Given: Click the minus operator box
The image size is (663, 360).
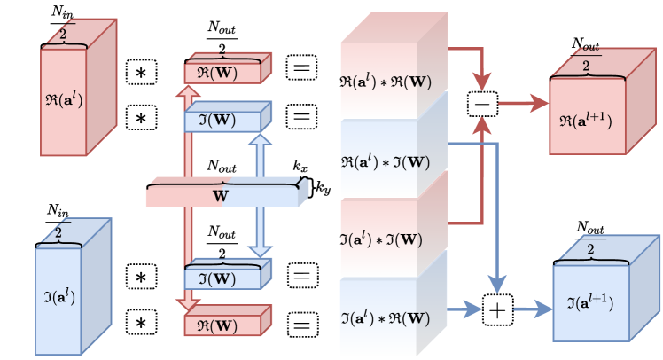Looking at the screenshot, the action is pyautogui.click(x=482, y=104).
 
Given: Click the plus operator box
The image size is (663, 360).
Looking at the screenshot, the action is pyautogui.click(x=497, y=310).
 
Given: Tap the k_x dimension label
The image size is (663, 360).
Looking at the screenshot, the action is pyautogui.click(x=300, y=166).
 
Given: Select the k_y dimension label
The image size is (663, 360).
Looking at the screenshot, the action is pyautogui.click(x=323, y=187).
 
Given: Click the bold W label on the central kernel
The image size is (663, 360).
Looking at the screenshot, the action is pyautogui.click(x=221, y=196).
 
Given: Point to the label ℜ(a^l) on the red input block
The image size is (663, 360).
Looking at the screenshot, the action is pyautogui.click(x=64, y=100).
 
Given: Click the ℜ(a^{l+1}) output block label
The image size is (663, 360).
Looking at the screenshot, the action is pyautogui.click(x=586, y=121).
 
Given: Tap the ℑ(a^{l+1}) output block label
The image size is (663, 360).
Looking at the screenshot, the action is pyautogui.click(x=589, y=303).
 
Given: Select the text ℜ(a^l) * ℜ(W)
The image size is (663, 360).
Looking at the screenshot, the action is pyautogui.click(x=386, y=82).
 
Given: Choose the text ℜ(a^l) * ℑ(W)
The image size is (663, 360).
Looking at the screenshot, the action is pyautogui.click(x=386, y=162).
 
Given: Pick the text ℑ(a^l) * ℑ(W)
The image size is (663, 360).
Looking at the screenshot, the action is pyautogui.click(x=381, y=240).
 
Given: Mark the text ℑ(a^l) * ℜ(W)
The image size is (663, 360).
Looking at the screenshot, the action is pyautogui.click(x=386, y=318).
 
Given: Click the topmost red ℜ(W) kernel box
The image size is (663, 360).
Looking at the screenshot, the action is pyautogui.click(x=228, y=68).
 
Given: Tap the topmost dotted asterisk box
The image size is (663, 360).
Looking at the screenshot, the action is pyautogui.click(x=142, y=73).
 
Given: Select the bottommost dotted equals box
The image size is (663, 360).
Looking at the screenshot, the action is pyautogui.click(x=303, y=325).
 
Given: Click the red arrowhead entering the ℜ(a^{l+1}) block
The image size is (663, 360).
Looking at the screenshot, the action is pyautogui.click(x=539, y=103).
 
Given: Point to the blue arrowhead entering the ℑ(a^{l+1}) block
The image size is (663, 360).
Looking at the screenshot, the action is pyautogui.click(x=543, y=309).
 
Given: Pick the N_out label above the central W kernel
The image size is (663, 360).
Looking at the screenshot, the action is pyautogui.click(x=222, y=166).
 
